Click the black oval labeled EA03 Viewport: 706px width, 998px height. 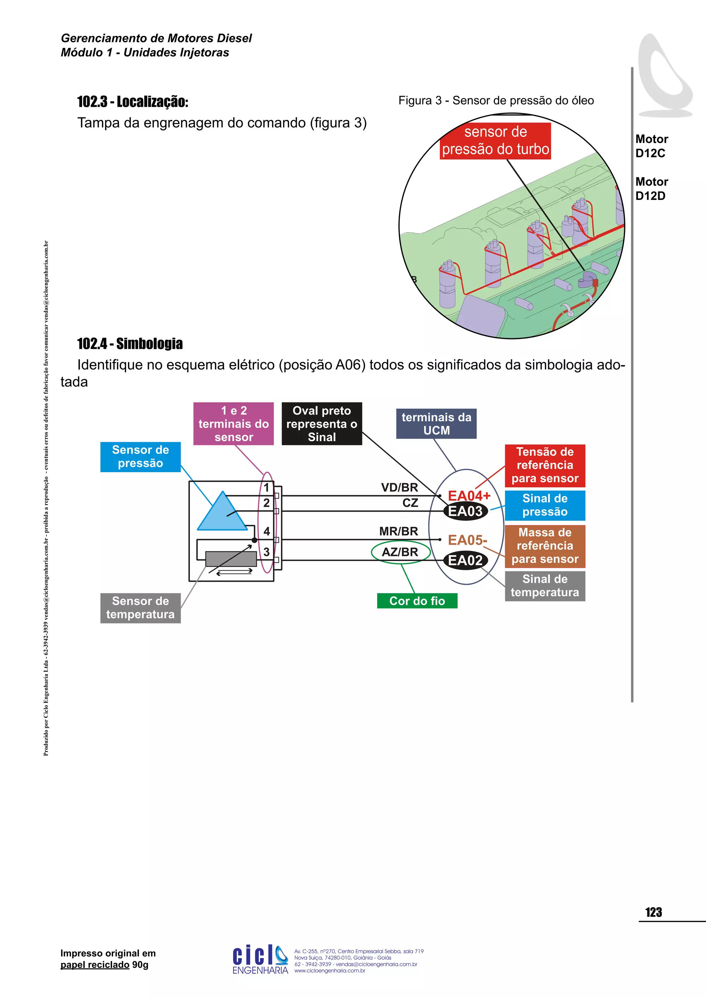point(465,511)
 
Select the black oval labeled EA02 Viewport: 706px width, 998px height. point(465,560)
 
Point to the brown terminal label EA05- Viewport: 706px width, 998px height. point(467,540)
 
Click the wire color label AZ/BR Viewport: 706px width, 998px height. point(400,552)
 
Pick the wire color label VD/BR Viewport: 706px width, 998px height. point(399,487)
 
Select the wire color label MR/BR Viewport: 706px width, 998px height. point(398,531)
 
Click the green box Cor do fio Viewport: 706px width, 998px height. point(417,601)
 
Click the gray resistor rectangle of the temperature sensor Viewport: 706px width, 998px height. point(231,559)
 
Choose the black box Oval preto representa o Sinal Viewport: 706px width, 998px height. point(322,424)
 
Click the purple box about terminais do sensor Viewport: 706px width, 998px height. point(233,424)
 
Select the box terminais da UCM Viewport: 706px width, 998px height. point(436,424)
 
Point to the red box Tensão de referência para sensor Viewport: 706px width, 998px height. point(545,465)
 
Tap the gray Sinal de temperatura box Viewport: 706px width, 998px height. point(545,586)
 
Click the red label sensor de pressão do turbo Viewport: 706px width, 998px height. point(495,141)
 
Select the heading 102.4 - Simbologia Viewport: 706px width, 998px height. point(130,344)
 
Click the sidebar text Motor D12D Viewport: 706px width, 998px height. point(651,189)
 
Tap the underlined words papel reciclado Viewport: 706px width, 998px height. point(95,965)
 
